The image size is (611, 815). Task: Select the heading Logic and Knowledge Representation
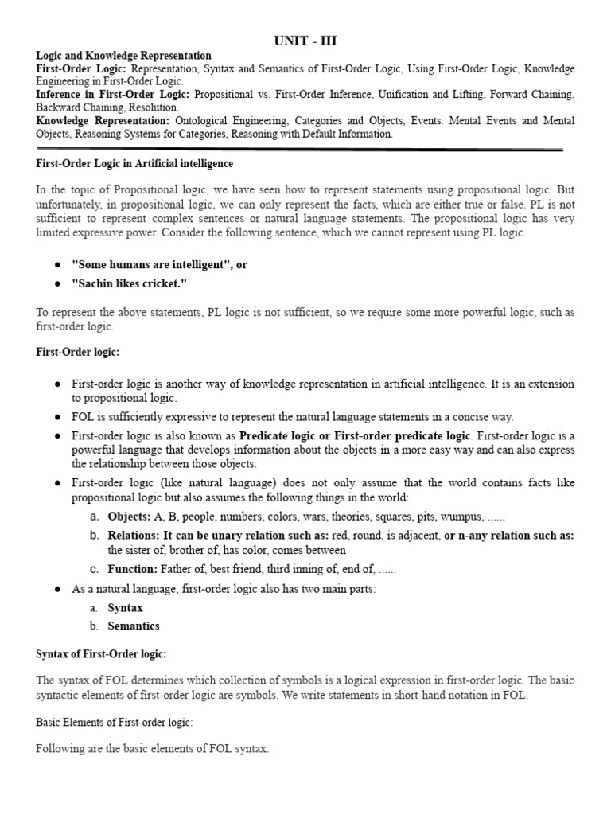click(124, 56)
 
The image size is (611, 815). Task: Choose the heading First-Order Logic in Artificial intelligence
click(135, 163)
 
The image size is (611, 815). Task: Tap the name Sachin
click(95, 284)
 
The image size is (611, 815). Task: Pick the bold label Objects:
click(130, 516)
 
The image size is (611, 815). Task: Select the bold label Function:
click(133, 569)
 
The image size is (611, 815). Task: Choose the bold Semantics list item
click(134, 626)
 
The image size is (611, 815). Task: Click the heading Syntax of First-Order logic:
click(102, 653)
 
